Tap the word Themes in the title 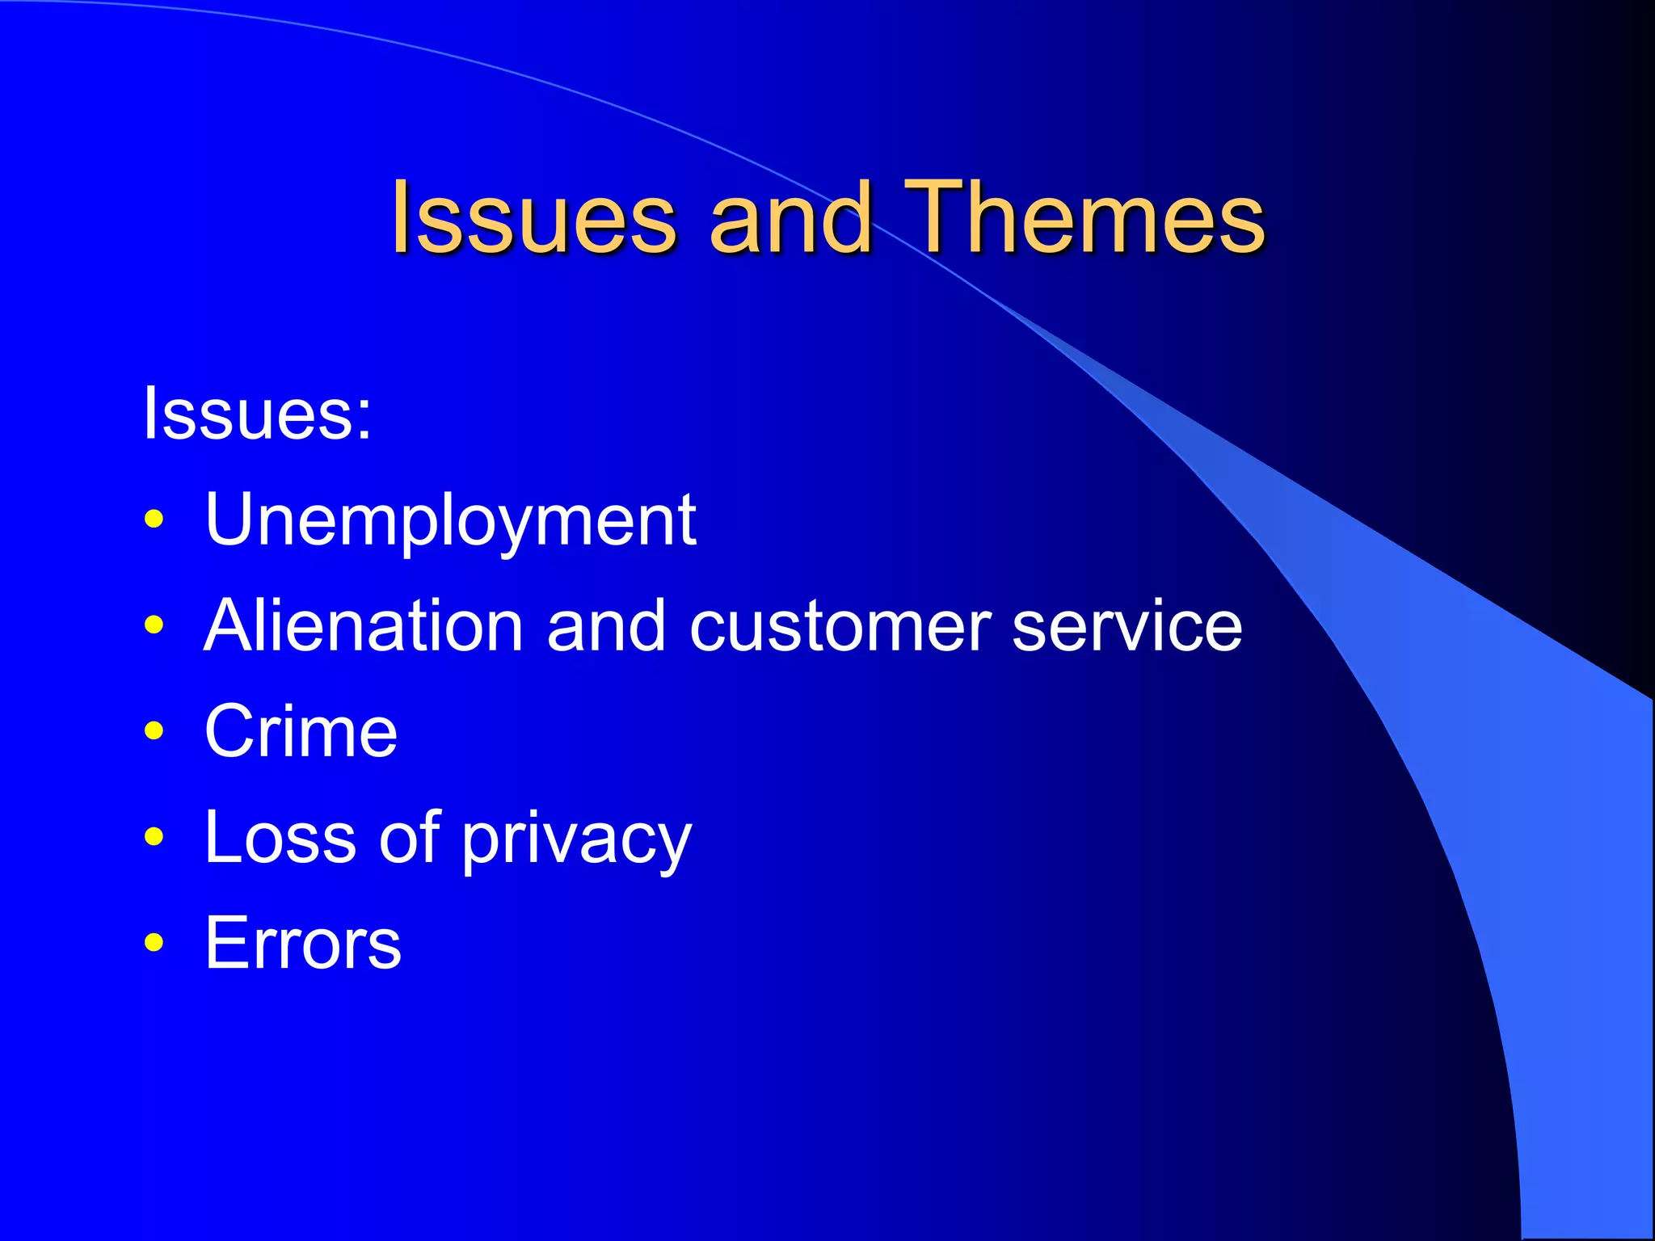(x=1084, y=217)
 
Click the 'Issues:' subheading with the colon (x=257, y=413)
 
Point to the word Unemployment (x=450, y=520)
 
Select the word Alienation (x=364, y=625)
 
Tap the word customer (x=840, y=627)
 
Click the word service (x=1126, y=627)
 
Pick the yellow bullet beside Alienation (x=154, y=625)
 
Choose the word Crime (x=301, y=731)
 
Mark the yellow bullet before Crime (x=154, y=730)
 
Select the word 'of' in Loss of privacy (x=411, y=836)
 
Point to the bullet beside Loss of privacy (x=154, y=836)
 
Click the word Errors (x=302, y=943)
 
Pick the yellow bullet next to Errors (x=154, y=942)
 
